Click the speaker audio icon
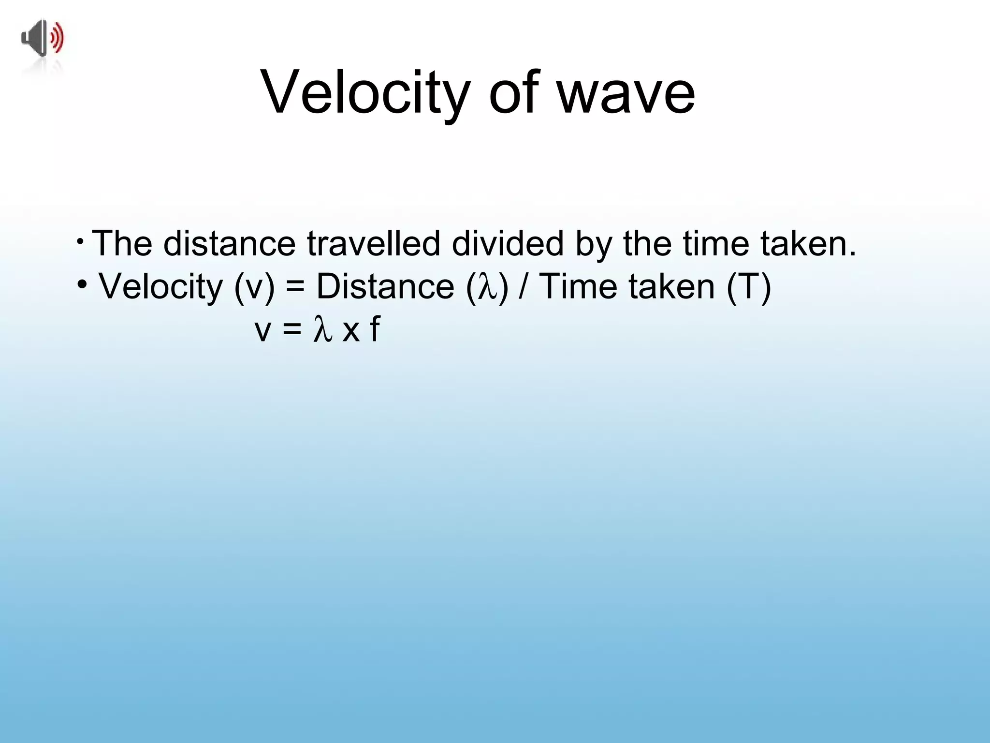click(43, 39)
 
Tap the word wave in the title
click(626, 93)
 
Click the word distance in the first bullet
click(229, 243)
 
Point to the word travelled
click(373, 243)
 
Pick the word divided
click(507, 243)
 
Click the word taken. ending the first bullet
click(808, 243)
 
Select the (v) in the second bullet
click(254, 287)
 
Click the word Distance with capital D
click(385, 287)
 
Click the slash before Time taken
click(523, 287)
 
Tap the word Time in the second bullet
click(578, 287)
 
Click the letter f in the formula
click(375, 330)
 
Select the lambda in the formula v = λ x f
click(322, 330)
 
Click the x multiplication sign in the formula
click(351, 332)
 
